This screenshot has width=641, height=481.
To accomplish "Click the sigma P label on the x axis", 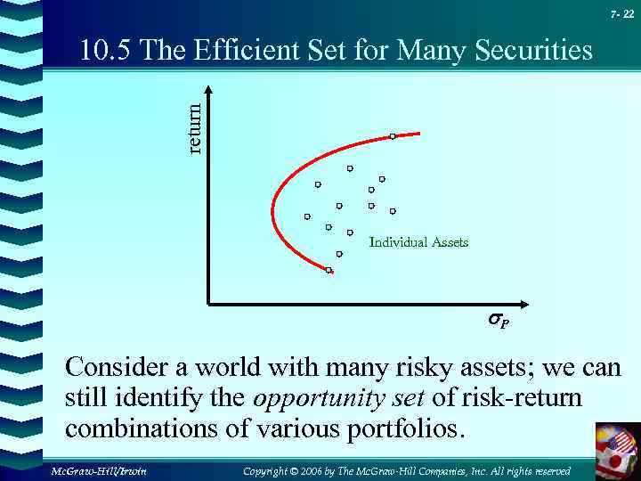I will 498,319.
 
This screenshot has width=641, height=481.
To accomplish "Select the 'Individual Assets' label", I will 418,242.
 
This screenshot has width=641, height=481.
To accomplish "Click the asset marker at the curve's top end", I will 393,136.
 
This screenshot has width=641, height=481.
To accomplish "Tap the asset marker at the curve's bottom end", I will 329,269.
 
